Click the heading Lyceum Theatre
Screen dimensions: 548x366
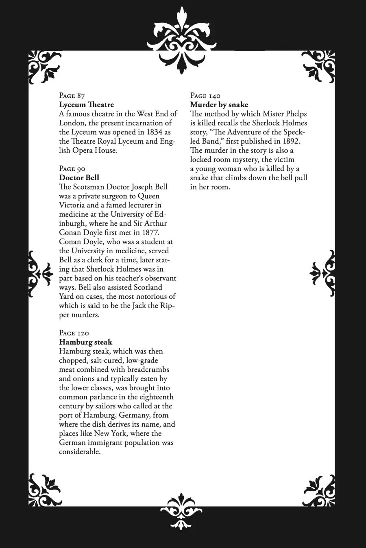click(86, 105)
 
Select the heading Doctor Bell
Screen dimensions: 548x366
click(79, 178)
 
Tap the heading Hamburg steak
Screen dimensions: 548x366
click(85, 342)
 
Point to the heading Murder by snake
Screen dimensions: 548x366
click(219, 105)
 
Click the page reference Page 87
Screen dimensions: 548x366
click(72, 96)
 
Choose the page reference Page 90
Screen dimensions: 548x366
click(72, 169)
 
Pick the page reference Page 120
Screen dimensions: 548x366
click(74, 333)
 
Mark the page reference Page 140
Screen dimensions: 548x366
click(205, 96)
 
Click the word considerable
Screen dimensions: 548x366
click(79, 452)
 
